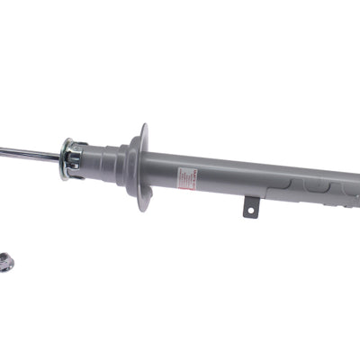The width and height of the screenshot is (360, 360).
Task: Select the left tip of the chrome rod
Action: point(2,149)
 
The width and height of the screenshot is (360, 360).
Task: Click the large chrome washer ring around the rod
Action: point(66,159)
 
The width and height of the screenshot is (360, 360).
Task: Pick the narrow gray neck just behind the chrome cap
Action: point(97,160)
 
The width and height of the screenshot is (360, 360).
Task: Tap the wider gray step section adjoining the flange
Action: point(121,162)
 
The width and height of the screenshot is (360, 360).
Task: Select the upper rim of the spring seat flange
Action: point(142,128)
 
